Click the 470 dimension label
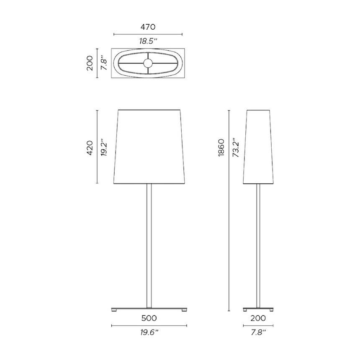(148, 27)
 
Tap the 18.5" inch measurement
(148, 41)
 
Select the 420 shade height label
(89, 148)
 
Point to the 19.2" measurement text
(104, 148)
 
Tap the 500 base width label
(149, 318)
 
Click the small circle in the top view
(148, 64)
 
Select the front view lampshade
(149, 147)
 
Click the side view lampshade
(259, 147)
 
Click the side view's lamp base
(259, 309)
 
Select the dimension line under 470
(148, 34)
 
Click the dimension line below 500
(149, 325)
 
